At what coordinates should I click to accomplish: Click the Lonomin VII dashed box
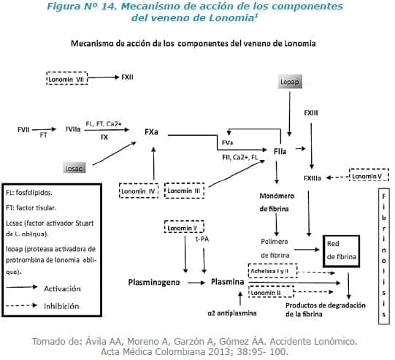pos(67,77)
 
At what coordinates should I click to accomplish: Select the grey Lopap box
pos(290,83)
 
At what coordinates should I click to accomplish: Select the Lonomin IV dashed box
pos(138,192)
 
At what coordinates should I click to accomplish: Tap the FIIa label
pos(278,149)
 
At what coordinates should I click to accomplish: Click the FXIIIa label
pos(312,177)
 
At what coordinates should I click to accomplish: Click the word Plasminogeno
pos(153,280)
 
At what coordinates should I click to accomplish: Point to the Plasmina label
pos(227,280)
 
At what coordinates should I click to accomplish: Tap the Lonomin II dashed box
pos(269,292)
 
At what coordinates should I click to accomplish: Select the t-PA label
pos(202,239)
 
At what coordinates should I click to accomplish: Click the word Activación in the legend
pos(62,288)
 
